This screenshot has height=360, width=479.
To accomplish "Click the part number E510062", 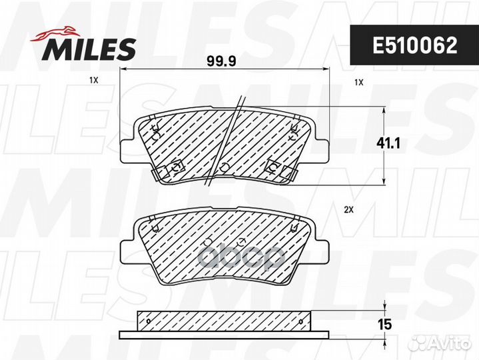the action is point(414,46).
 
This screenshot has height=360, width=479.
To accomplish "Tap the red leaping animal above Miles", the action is point(55,33).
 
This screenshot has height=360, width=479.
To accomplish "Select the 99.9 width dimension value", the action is point(221,61).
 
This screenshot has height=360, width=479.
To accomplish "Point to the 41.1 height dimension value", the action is point(388,143).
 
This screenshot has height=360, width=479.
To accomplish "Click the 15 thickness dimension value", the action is point(384,324).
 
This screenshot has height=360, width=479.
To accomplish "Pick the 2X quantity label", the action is point(348,210).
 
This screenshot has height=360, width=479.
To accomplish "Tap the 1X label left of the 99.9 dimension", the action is point(93,81).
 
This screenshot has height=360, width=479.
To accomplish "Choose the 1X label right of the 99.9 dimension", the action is point(358,82).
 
